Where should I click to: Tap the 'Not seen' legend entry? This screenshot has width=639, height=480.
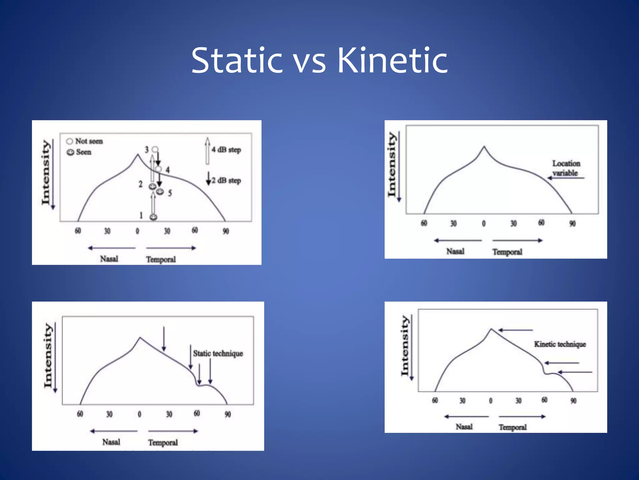[85, 141]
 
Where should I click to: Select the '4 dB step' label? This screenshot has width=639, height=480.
[226, 150]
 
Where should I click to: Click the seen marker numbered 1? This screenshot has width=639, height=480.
[154, 217]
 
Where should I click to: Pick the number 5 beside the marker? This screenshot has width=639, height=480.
[170, 193]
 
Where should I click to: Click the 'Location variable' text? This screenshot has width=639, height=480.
[566, 168]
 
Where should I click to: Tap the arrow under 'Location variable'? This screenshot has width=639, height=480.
[566, 178]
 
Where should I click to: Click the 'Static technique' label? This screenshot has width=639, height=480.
[218, 353]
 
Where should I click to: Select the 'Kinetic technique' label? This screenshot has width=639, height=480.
[560, 344]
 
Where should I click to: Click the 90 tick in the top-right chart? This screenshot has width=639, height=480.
[572, 223]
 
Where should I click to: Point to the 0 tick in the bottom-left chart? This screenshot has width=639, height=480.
[139, 414]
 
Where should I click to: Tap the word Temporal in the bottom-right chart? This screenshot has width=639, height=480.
[512, 427]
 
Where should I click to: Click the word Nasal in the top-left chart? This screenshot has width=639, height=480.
[109, 259]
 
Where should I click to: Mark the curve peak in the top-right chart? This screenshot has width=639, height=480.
[484, 146]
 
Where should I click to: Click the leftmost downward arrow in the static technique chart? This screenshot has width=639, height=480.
[164, 339]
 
